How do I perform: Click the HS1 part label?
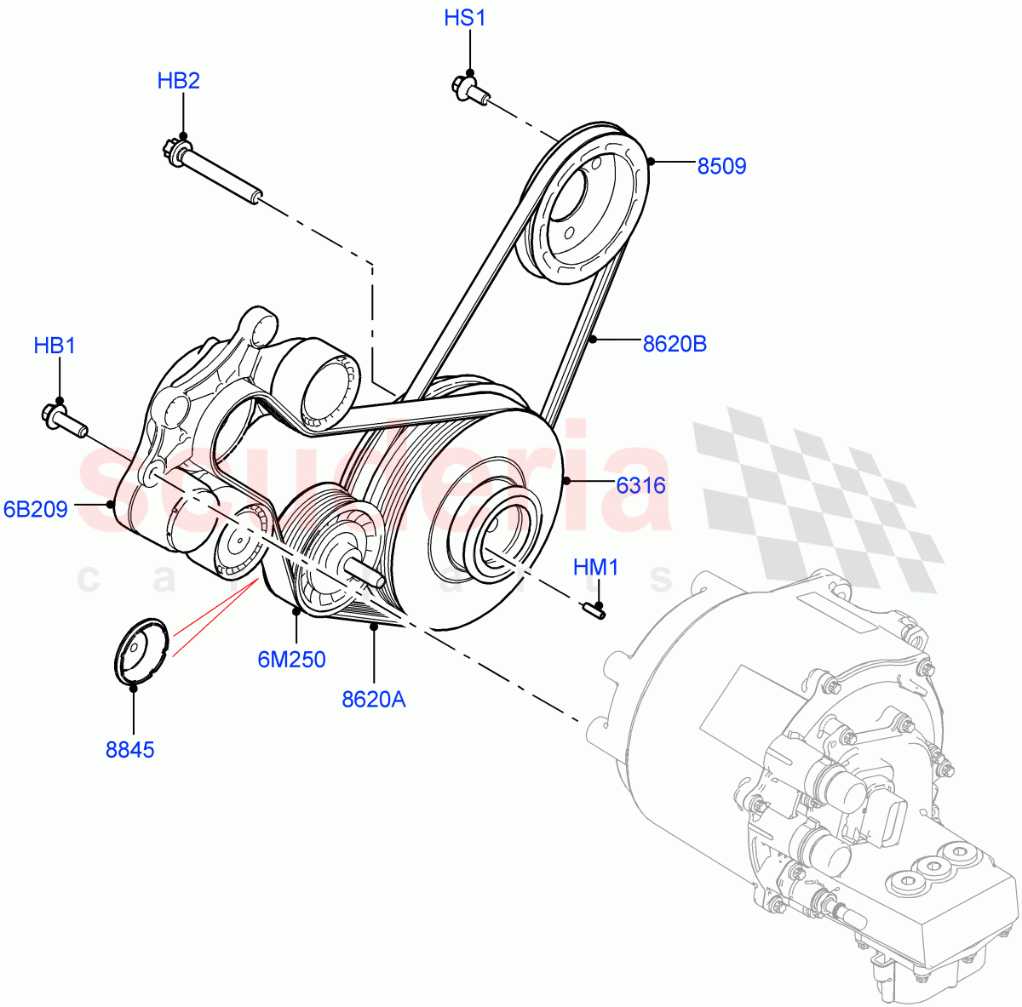click(464, 17)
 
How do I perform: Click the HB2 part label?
click(178, 81)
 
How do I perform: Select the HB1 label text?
click(55, 346)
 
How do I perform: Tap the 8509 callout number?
click(721, 166)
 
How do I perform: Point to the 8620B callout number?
click(674, 344)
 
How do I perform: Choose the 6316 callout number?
click(640, 485)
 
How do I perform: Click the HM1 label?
click(595, 567)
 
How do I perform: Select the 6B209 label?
click(36, 510)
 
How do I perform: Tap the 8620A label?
click(373, 699)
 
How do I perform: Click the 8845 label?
click(130, 750)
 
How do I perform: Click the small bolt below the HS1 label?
click(468, 89)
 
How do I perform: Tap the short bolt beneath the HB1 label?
click(63, 419)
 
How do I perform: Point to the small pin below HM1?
click(595, 608)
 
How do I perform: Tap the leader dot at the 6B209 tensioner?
click(111, 504)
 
